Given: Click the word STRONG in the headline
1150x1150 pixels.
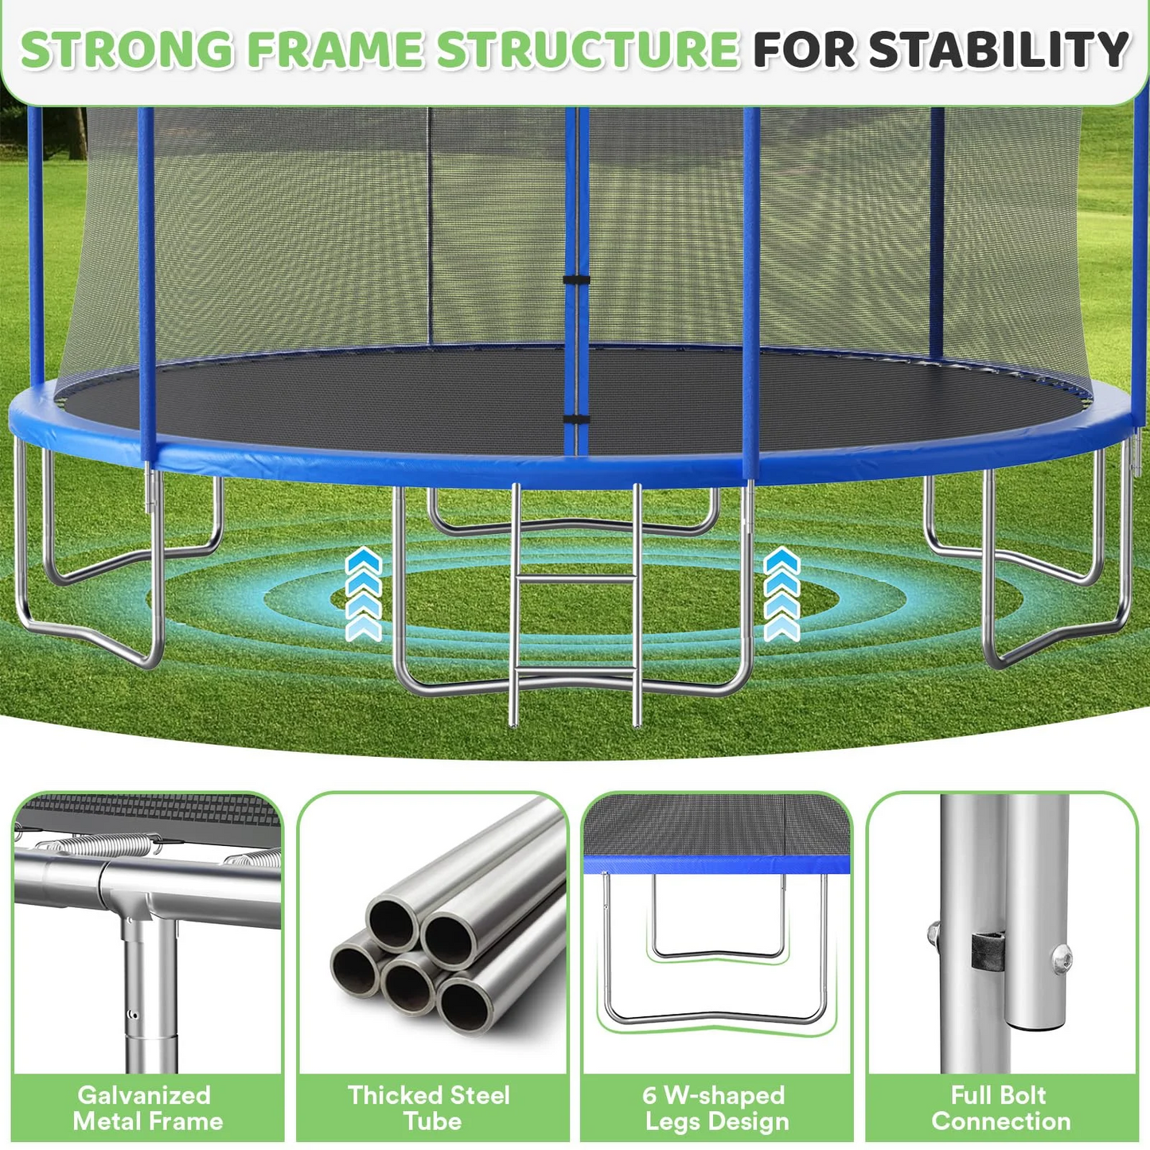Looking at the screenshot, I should (x=127, y=49).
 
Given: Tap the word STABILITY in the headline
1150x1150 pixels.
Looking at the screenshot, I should (x=999, y=49).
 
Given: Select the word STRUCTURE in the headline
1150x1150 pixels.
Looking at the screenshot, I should (x=587, y=49).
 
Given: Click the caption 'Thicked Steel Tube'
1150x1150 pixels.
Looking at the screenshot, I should (x=430, y=1108).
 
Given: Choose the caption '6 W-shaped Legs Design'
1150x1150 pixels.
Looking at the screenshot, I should (x=715, y=1108).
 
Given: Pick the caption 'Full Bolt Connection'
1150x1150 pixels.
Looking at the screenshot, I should (x=1000, y=1108).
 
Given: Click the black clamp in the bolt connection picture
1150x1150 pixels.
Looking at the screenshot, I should (x=987, y=950).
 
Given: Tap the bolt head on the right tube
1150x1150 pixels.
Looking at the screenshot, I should (x=1061, y=958).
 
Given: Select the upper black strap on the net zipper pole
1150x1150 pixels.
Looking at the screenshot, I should (x=576, y=279).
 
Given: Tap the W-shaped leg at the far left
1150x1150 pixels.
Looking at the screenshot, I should (x=88, y=621).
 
